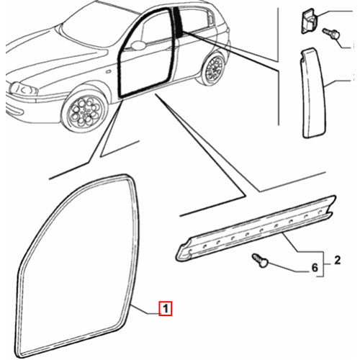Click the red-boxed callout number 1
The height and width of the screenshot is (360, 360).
[x=165, y=311]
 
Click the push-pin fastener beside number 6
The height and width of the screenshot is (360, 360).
[x=262, y=262]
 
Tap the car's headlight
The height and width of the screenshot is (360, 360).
[x=27, y=90]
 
